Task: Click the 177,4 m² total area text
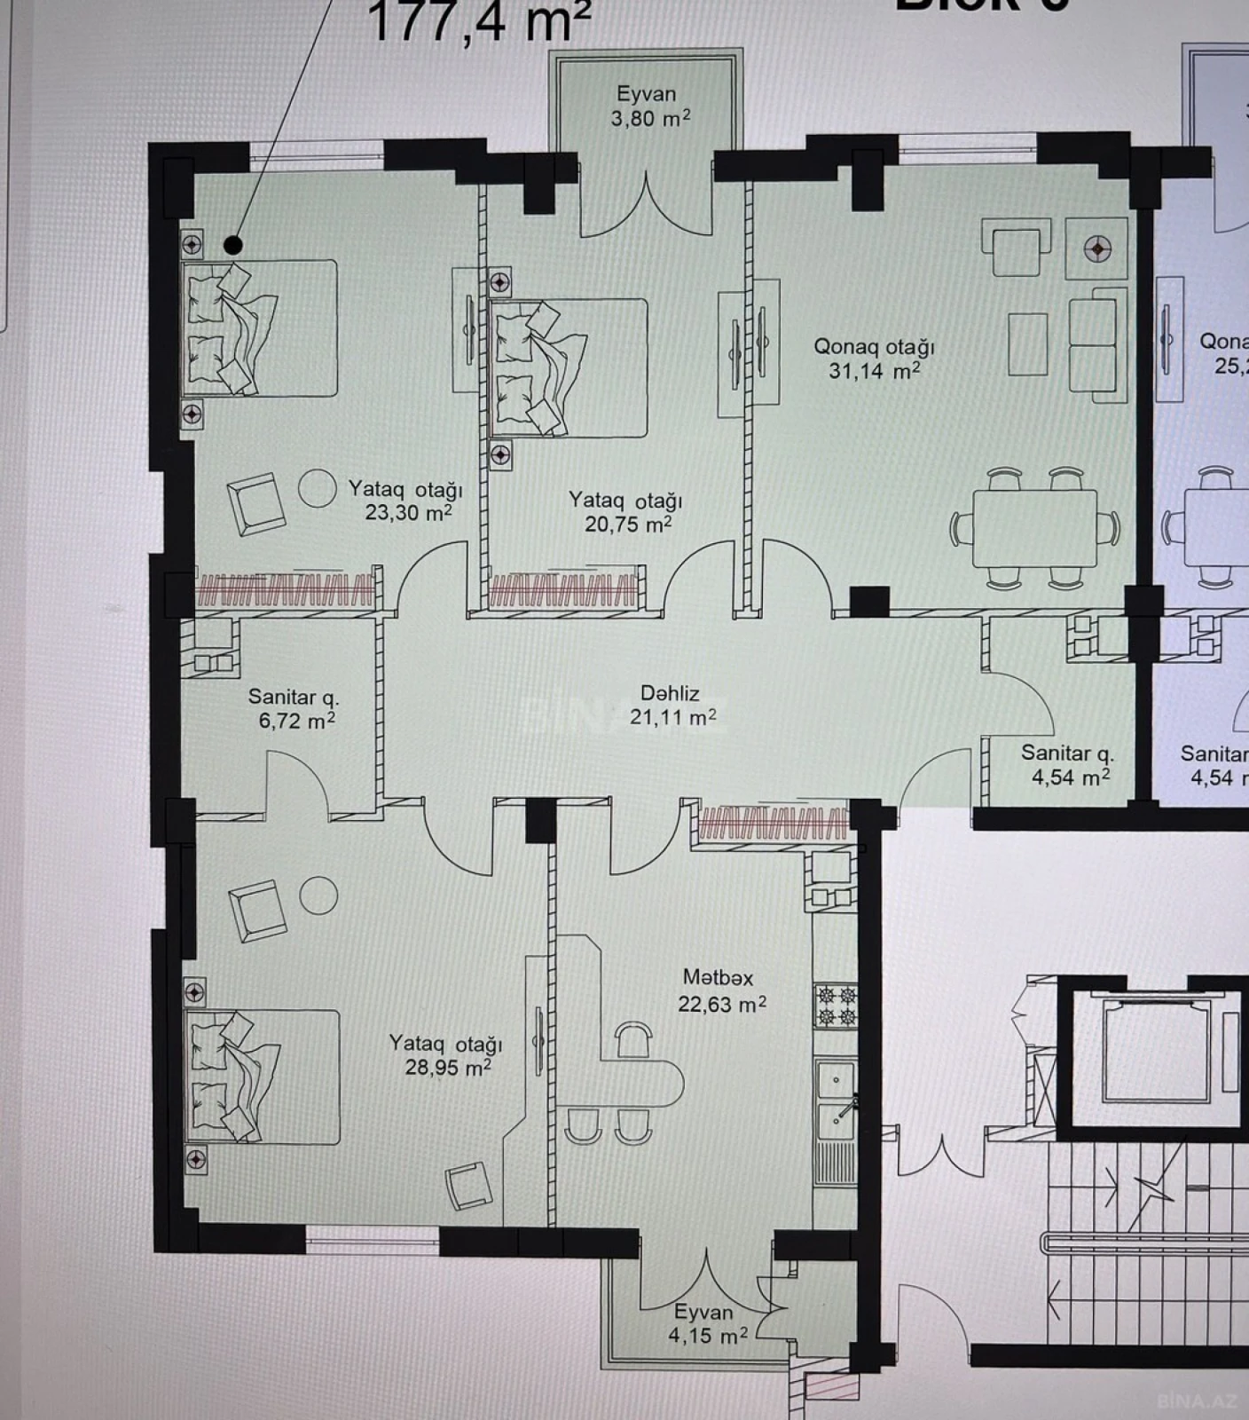coord(478,22)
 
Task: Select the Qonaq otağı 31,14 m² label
coord(874,359)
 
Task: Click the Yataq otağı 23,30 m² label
coord(405,501)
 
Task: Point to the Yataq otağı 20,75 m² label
coord(626,512)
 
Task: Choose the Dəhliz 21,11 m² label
coord(672,706)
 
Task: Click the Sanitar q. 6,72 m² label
coord(295,709)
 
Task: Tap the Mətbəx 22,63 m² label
coord(720,990)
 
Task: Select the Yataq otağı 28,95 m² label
coord(446,1055)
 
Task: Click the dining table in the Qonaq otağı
coord(1034,527)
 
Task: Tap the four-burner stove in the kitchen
coord(836,1006)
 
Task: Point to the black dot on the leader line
coord(233,244)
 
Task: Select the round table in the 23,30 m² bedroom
coord(317,488)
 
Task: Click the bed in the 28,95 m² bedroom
coord(263,1077)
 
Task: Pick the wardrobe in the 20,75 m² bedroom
coord(563,591)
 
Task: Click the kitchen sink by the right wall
coord(836,1100)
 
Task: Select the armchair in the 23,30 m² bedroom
coord(256,503)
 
